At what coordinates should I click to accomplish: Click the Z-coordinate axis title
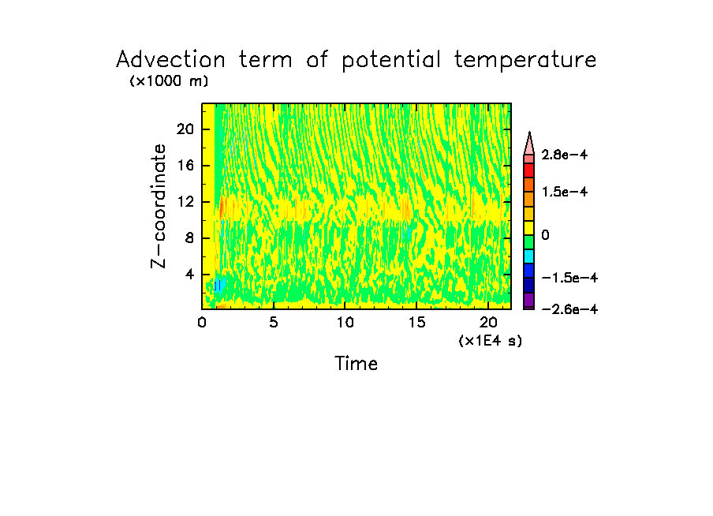click(x=159, y=206)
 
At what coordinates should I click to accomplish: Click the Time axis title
click(x=356, y=364)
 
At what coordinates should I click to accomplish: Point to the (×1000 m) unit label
click(x=169, y=81)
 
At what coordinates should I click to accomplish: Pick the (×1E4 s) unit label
click(x=490, y=341)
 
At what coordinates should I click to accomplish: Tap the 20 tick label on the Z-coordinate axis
click(x=185, y=129)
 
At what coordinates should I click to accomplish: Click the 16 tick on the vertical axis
click(x=185, y=166)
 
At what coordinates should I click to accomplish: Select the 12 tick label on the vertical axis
click(x=185, y=202)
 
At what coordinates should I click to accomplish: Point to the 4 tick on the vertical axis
click(x=189, y=275)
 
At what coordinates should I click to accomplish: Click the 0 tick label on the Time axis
click(x=202, y=322)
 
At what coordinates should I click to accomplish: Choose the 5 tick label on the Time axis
click(x=273, y=322)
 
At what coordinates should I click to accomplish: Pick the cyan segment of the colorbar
click(x=529, y=256)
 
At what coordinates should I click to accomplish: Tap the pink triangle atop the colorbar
click(x=529, y=144)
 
